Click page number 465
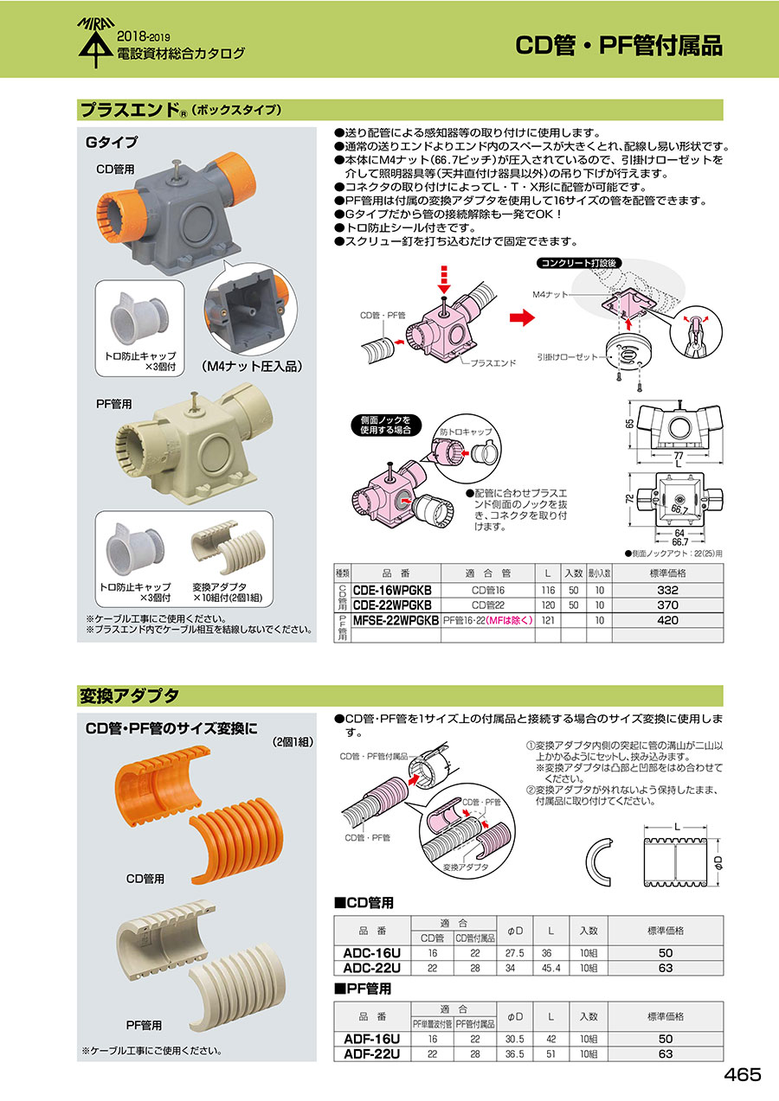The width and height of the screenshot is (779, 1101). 742,1075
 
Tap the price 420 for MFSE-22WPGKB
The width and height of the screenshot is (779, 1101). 667,620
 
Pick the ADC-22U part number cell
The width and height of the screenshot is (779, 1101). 372,969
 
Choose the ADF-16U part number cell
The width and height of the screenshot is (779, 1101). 372,1039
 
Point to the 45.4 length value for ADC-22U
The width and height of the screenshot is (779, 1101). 550,969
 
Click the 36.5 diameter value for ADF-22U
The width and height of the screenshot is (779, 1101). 514,1054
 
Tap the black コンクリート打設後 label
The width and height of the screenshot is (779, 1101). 579,263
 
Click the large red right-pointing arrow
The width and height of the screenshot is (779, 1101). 522,317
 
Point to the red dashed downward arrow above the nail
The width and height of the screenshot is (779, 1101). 443,279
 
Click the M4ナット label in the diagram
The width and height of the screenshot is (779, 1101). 550,294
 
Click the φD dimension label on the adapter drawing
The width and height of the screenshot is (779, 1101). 718,861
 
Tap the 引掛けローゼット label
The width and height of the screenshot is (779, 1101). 567,357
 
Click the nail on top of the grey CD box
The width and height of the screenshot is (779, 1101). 176,169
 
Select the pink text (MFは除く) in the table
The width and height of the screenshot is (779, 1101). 509,620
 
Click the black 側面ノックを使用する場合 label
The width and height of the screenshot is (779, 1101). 385,426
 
